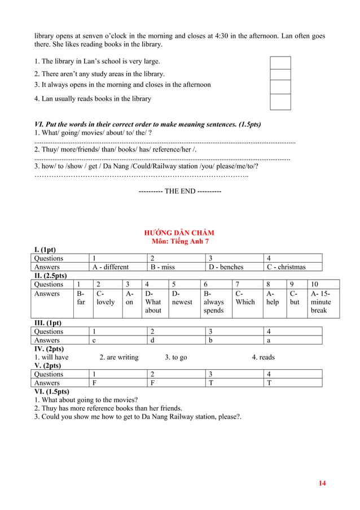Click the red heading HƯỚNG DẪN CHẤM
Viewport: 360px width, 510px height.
(x=179, y=233)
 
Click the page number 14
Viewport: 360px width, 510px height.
(x=322, y=483)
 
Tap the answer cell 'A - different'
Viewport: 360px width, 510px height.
(x=111, y=267)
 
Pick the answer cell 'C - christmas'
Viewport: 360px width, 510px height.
(x=286, y=267)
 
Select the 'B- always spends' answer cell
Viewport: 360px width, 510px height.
(x=214, y=302)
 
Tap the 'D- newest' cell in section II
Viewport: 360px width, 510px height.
(x=182, y=298)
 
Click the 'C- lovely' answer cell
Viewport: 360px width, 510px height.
(x=106, y=298)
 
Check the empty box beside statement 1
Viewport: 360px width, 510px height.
(x=280, y=62)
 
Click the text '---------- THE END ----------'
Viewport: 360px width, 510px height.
(x=179, y=191)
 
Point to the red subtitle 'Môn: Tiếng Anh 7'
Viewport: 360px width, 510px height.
(x=179, y=241)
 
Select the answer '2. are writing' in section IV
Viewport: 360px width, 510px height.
(x=118, y=357)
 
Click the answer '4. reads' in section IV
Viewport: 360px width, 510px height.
(x=263, y=357)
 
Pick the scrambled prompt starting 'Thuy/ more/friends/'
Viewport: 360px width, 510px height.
(x=115, y=149)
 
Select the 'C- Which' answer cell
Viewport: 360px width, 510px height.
(x=245, y=298)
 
